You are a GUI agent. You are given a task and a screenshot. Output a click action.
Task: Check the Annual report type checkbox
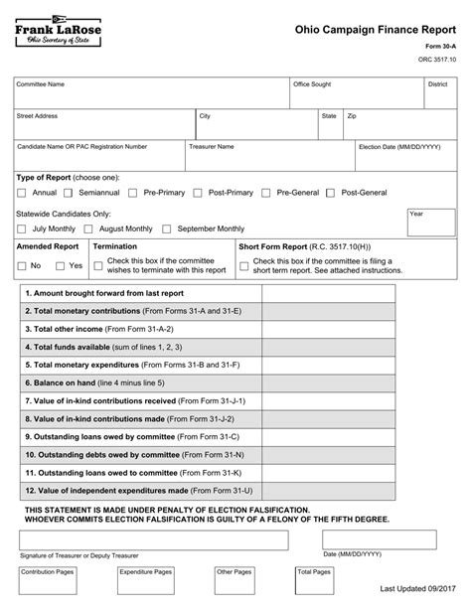[22, 192]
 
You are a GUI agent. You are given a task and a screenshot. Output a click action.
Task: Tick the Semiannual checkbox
[69, 192]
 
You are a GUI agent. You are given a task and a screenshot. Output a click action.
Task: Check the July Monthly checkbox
[22, 228]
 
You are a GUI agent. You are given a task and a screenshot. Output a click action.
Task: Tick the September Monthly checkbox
[167, 228]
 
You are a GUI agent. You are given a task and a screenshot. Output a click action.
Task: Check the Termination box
[97, 265]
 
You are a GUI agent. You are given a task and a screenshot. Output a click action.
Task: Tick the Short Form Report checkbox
[243, 265]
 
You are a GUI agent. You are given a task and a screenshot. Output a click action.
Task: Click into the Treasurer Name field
[268, 156]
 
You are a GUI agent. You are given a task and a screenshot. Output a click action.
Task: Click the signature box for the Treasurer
[150, 539]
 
